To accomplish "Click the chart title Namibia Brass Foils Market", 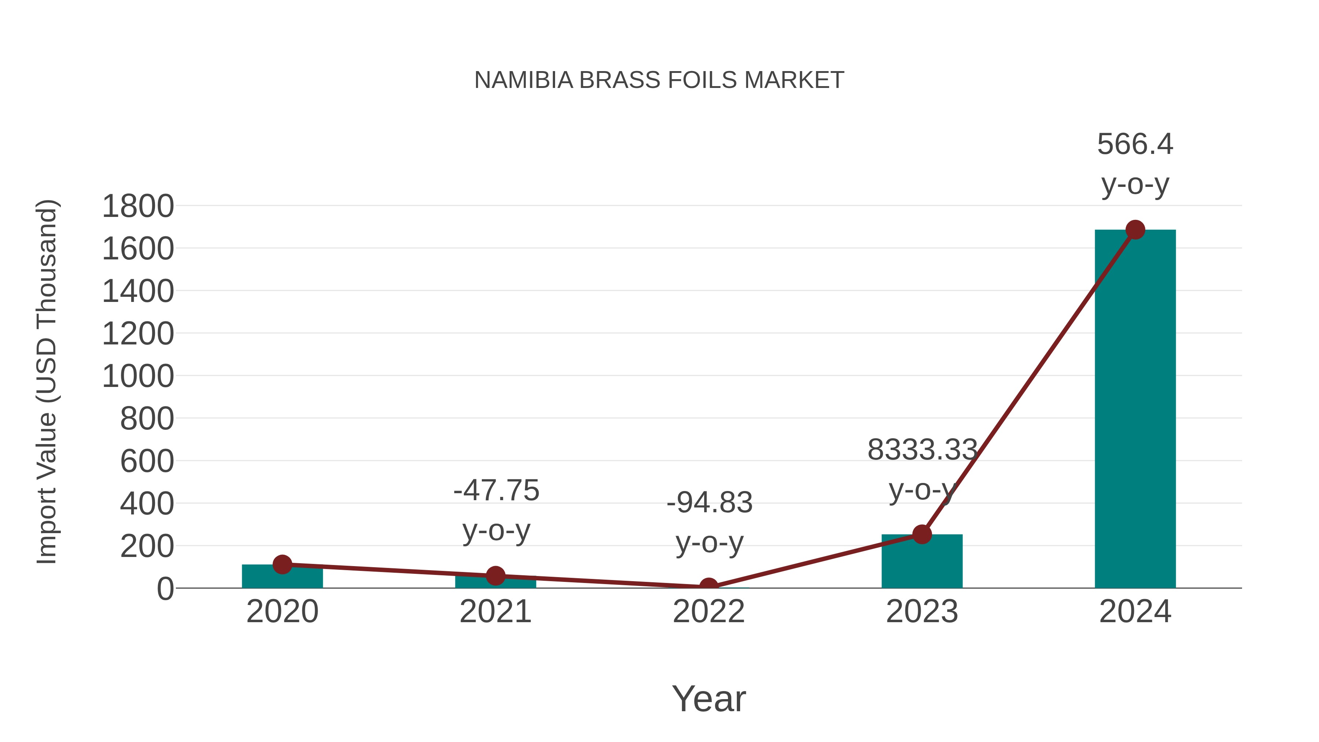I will click(x=659, y=80).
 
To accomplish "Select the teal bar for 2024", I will click(x=1135, y=410).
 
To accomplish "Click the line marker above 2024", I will click(x=1135, y=230).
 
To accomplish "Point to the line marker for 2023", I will click(x=922, y=535).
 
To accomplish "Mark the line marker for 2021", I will click(x=495, y=576).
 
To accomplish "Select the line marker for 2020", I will click(x=282, y=564).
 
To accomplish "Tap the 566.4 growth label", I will click(x=1135, y=144).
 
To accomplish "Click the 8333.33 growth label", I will click(x=922, y=450).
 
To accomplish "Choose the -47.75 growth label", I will click(x=496, y=491).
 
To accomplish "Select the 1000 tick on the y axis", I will click(x=138, y=376).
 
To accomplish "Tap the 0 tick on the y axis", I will click(x=165, y=588).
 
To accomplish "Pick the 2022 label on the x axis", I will click(x=709, y=612).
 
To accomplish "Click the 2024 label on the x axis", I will click(x=1135, y=612).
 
